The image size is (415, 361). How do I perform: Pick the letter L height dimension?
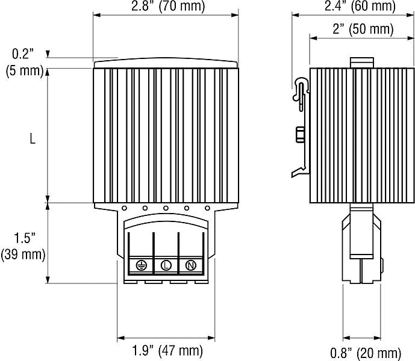coord(33,138)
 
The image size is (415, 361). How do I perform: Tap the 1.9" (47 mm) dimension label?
coord(167,350)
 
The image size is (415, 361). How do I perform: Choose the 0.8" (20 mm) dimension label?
coord(366,352)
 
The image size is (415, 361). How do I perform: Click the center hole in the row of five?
coord(166,209)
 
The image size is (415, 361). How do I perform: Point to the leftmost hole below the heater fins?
coord(123,209)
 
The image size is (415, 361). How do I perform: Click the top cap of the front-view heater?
coord(166,63)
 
